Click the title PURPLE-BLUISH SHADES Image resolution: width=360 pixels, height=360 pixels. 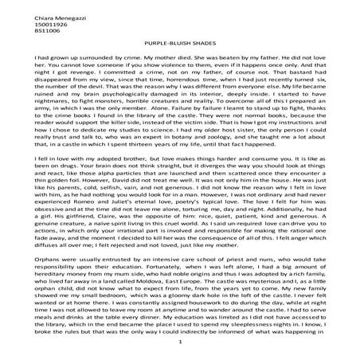181,48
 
